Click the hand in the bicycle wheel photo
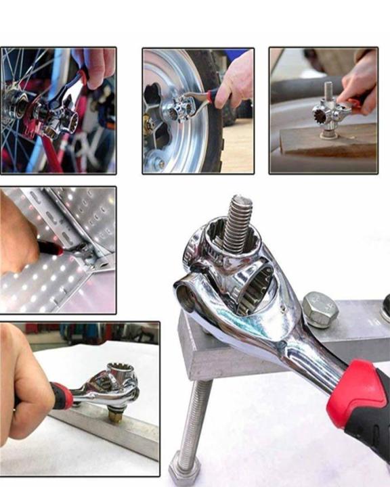[94, 64]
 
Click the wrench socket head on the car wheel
[180, 108]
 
